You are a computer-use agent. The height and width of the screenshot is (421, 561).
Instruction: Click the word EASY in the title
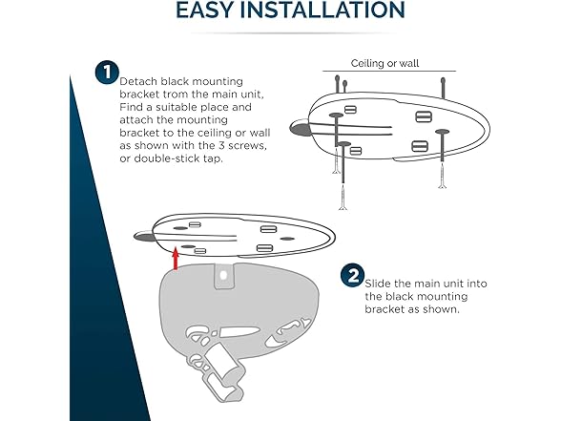(210, 11)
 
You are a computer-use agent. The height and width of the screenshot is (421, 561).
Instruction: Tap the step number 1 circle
(105, 73)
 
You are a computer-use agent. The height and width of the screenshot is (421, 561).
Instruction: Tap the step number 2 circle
(352, 276)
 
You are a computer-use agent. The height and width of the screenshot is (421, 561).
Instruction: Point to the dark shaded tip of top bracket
(299, 128)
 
